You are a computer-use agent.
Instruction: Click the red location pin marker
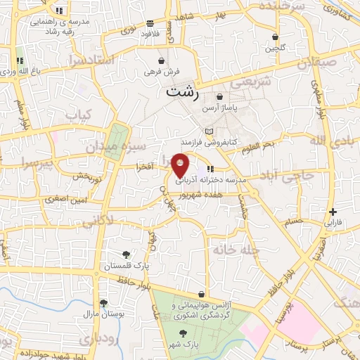[x=181, y=165]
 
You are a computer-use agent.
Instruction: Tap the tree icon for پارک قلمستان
[x=126, y=255]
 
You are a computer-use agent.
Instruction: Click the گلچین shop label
[x=274, y=49]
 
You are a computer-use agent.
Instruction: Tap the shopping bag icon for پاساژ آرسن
[x=221, y=97]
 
